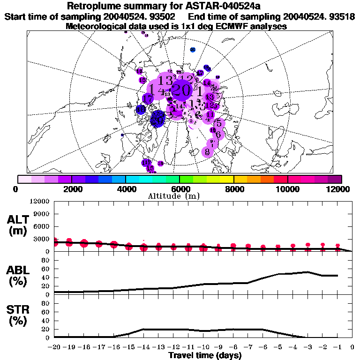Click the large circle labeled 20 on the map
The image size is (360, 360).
(180, 90)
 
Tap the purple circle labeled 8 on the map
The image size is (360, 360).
(207, 152)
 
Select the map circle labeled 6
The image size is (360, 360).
(218, 135)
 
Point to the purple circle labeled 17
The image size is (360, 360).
(148, 99)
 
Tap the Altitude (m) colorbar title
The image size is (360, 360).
(180, 196)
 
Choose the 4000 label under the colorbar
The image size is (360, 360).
(126, 189)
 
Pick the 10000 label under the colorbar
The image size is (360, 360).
(287, 189)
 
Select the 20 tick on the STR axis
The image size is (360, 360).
(46, 329)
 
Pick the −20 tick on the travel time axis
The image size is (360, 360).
(54, 347)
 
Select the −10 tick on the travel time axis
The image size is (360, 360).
(203, 347)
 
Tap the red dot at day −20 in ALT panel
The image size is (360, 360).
(54, 242)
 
